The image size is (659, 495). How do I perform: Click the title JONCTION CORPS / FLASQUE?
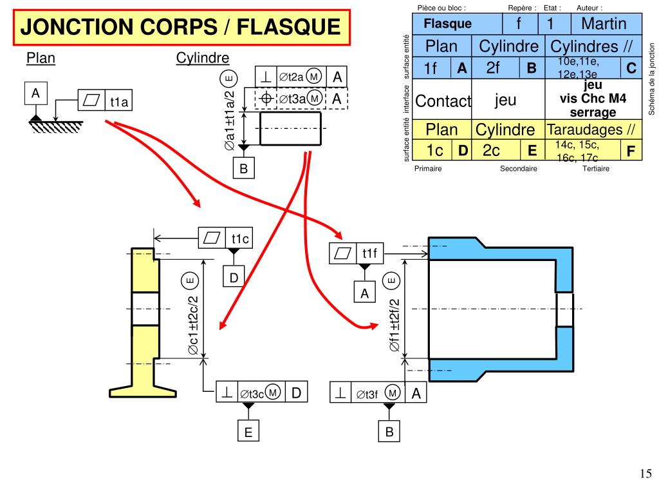tap(180, 27)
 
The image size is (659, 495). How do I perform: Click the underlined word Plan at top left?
tap(41, 59)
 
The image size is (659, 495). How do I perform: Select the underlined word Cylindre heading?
tap(203, 59)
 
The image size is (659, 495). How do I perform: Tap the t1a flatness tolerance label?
tap(119, 101)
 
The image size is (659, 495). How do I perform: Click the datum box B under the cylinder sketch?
tap(244, 168)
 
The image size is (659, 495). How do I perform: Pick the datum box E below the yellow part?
tap(248, 432)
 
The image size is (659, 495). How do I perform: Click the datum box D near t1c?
tap(234, 277)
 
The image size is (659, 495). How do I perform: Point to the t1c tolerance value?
tap(240, 238)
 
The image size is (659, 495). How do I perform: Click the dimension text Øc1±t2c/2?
tap(192, 325)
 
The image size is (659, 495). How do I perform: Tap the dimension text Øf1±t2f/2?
tap(394, 325)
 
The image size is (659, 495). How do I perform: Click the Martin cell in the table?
tap(603, 24)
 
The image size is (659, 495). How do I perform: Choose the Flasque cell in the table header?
tap(447, 24)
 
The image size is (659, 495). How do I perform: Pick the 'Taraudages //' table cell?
tap(591, 130)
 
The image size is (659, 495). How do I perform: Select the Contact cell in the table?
tap(443, 101)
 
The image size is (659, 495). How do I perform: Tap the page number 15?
tap(645, 474)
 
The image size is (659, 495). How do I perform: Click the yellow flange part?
tap(144, 322)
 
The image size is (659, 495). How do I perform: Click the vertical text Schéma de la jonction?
tap(651, 79)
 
